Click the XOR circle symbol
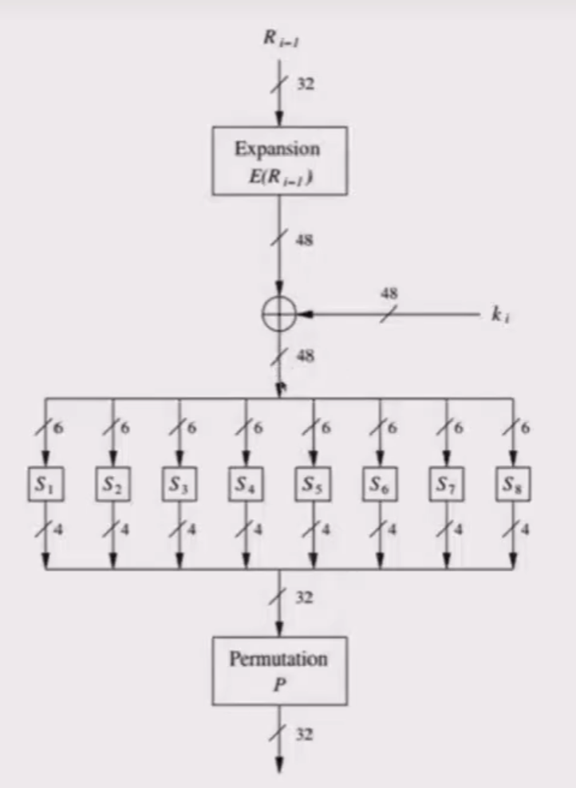(x=279, y=314)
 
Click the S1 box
(x=45, y=485)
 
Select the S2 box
(x=112, y=485)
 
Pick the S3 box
(x=180, y=485)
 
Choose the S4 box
(x=246, y=485)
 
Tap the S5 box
(x=313, y=485)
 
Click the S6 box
(x=379, y=485)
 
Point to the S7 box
(x=446, y=485)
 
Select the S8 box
(x=512, y=485)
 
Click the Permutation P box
(x=279, y=671)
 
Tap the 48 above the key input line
(x=389, y=294)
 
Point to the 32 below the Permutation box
(x=305, y=735)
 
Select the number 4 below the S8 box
(x=527, y=528)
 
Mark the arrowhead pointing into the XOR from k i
(x=304, y=314)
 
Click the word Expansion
(x=277, y=148)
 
